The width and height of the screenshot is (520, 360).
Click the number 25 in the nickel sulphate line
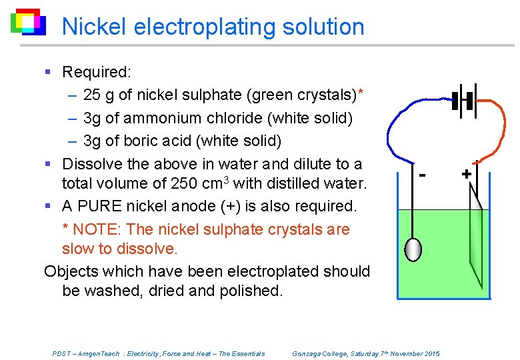[x=92, y=95]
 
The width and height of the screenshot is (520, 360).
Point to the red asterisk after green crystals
[x=361, y=93]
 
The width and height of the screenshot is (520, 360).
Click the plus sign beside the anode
[x=467, y=174]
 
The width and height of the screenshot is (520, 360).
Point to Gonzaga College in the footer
[x=321, y=353]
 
